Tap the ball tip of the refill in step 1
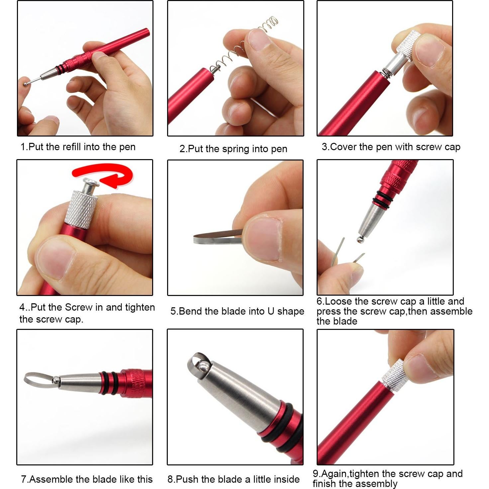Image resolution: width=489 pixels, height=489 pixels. tap(26, 84)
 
